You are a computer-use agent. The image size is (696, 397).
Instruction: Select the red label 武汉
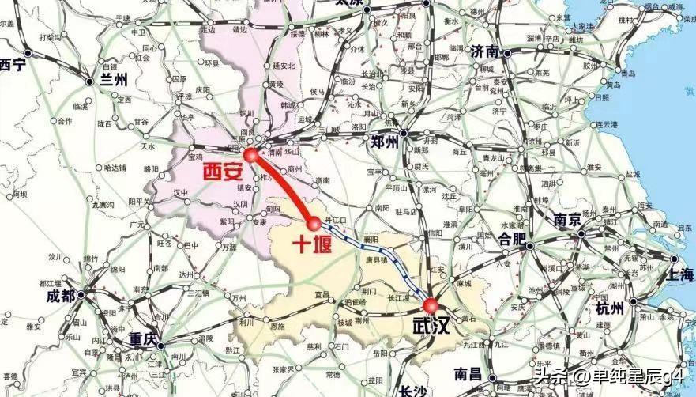[x=431, y=326]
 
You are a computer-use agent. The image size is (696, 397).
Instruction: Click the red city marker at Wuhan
[x=431, y=305]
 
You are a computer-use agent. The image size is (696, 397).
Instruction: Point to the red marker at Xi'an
[x=251, y=155]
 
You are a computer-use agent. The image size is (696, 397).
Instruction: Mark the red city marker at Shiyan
[x=314, y=222]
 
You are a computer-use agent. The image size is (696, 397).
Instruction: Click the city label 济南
[x=485, y=53]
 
